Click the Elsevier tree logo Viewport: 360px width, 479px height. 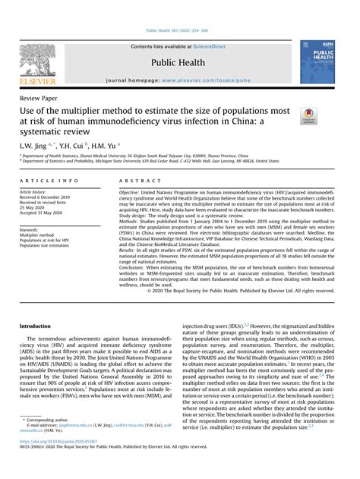tap(38, 63)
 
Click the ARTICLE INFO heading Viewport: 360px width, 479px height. tap(49, 181)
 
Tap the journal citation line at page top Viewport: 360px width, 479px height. tap(180, 30)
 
